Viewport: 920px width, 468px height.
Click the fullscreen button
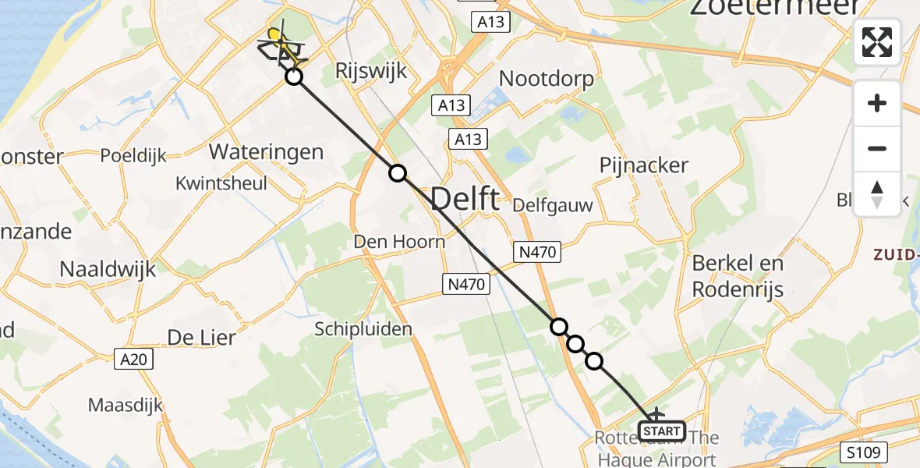click(x=877, y=42)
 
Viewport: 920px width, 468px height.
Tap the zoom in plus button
click(x=877, y=103)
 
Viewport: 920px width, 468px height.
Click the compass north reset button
click(x=877, y=193)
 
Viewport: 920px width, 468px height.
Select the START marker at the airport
click(x=662, y=431)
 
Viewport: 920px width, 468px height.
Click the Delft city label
click(x=465, y=200)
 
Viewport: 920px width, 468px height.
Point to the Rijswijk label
click(x=372, y=72)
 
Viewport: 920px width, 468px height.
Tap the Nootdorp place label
click(x=547, y=79)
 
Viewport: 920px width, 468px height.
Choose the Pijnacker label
click(x=644, y=165)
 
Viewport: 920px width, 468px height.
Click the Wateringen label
click(x=267, y=151)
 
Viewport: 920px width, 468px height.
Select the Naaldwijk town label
click(x=108, y=270)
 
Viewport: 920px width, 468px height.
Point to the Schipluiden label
click(x=363, y=329)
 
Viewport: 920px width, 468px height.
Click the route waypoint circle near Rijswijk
click(x=293, y=76)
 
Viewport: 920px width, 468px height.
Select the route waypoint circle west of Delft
click(x=398, y=173)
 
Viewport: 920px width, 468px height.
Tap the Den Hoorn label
click(x=399, y=242)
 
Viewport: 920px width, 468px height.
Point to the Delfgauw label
click(x=553, y=207)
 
